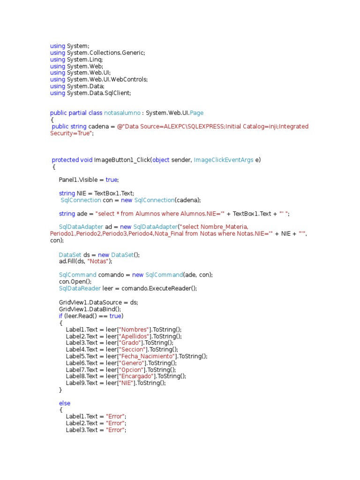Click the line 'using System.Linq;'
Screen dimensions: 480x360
76,60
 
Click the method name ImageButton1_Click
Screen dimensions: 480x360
121,160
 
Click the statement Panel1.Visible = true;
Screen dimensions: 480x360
89,180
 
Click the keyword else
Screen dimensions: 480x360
64,403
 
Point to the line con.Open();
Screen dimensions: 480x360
75,282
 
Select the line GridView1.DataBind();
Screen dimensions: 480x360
90,309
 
